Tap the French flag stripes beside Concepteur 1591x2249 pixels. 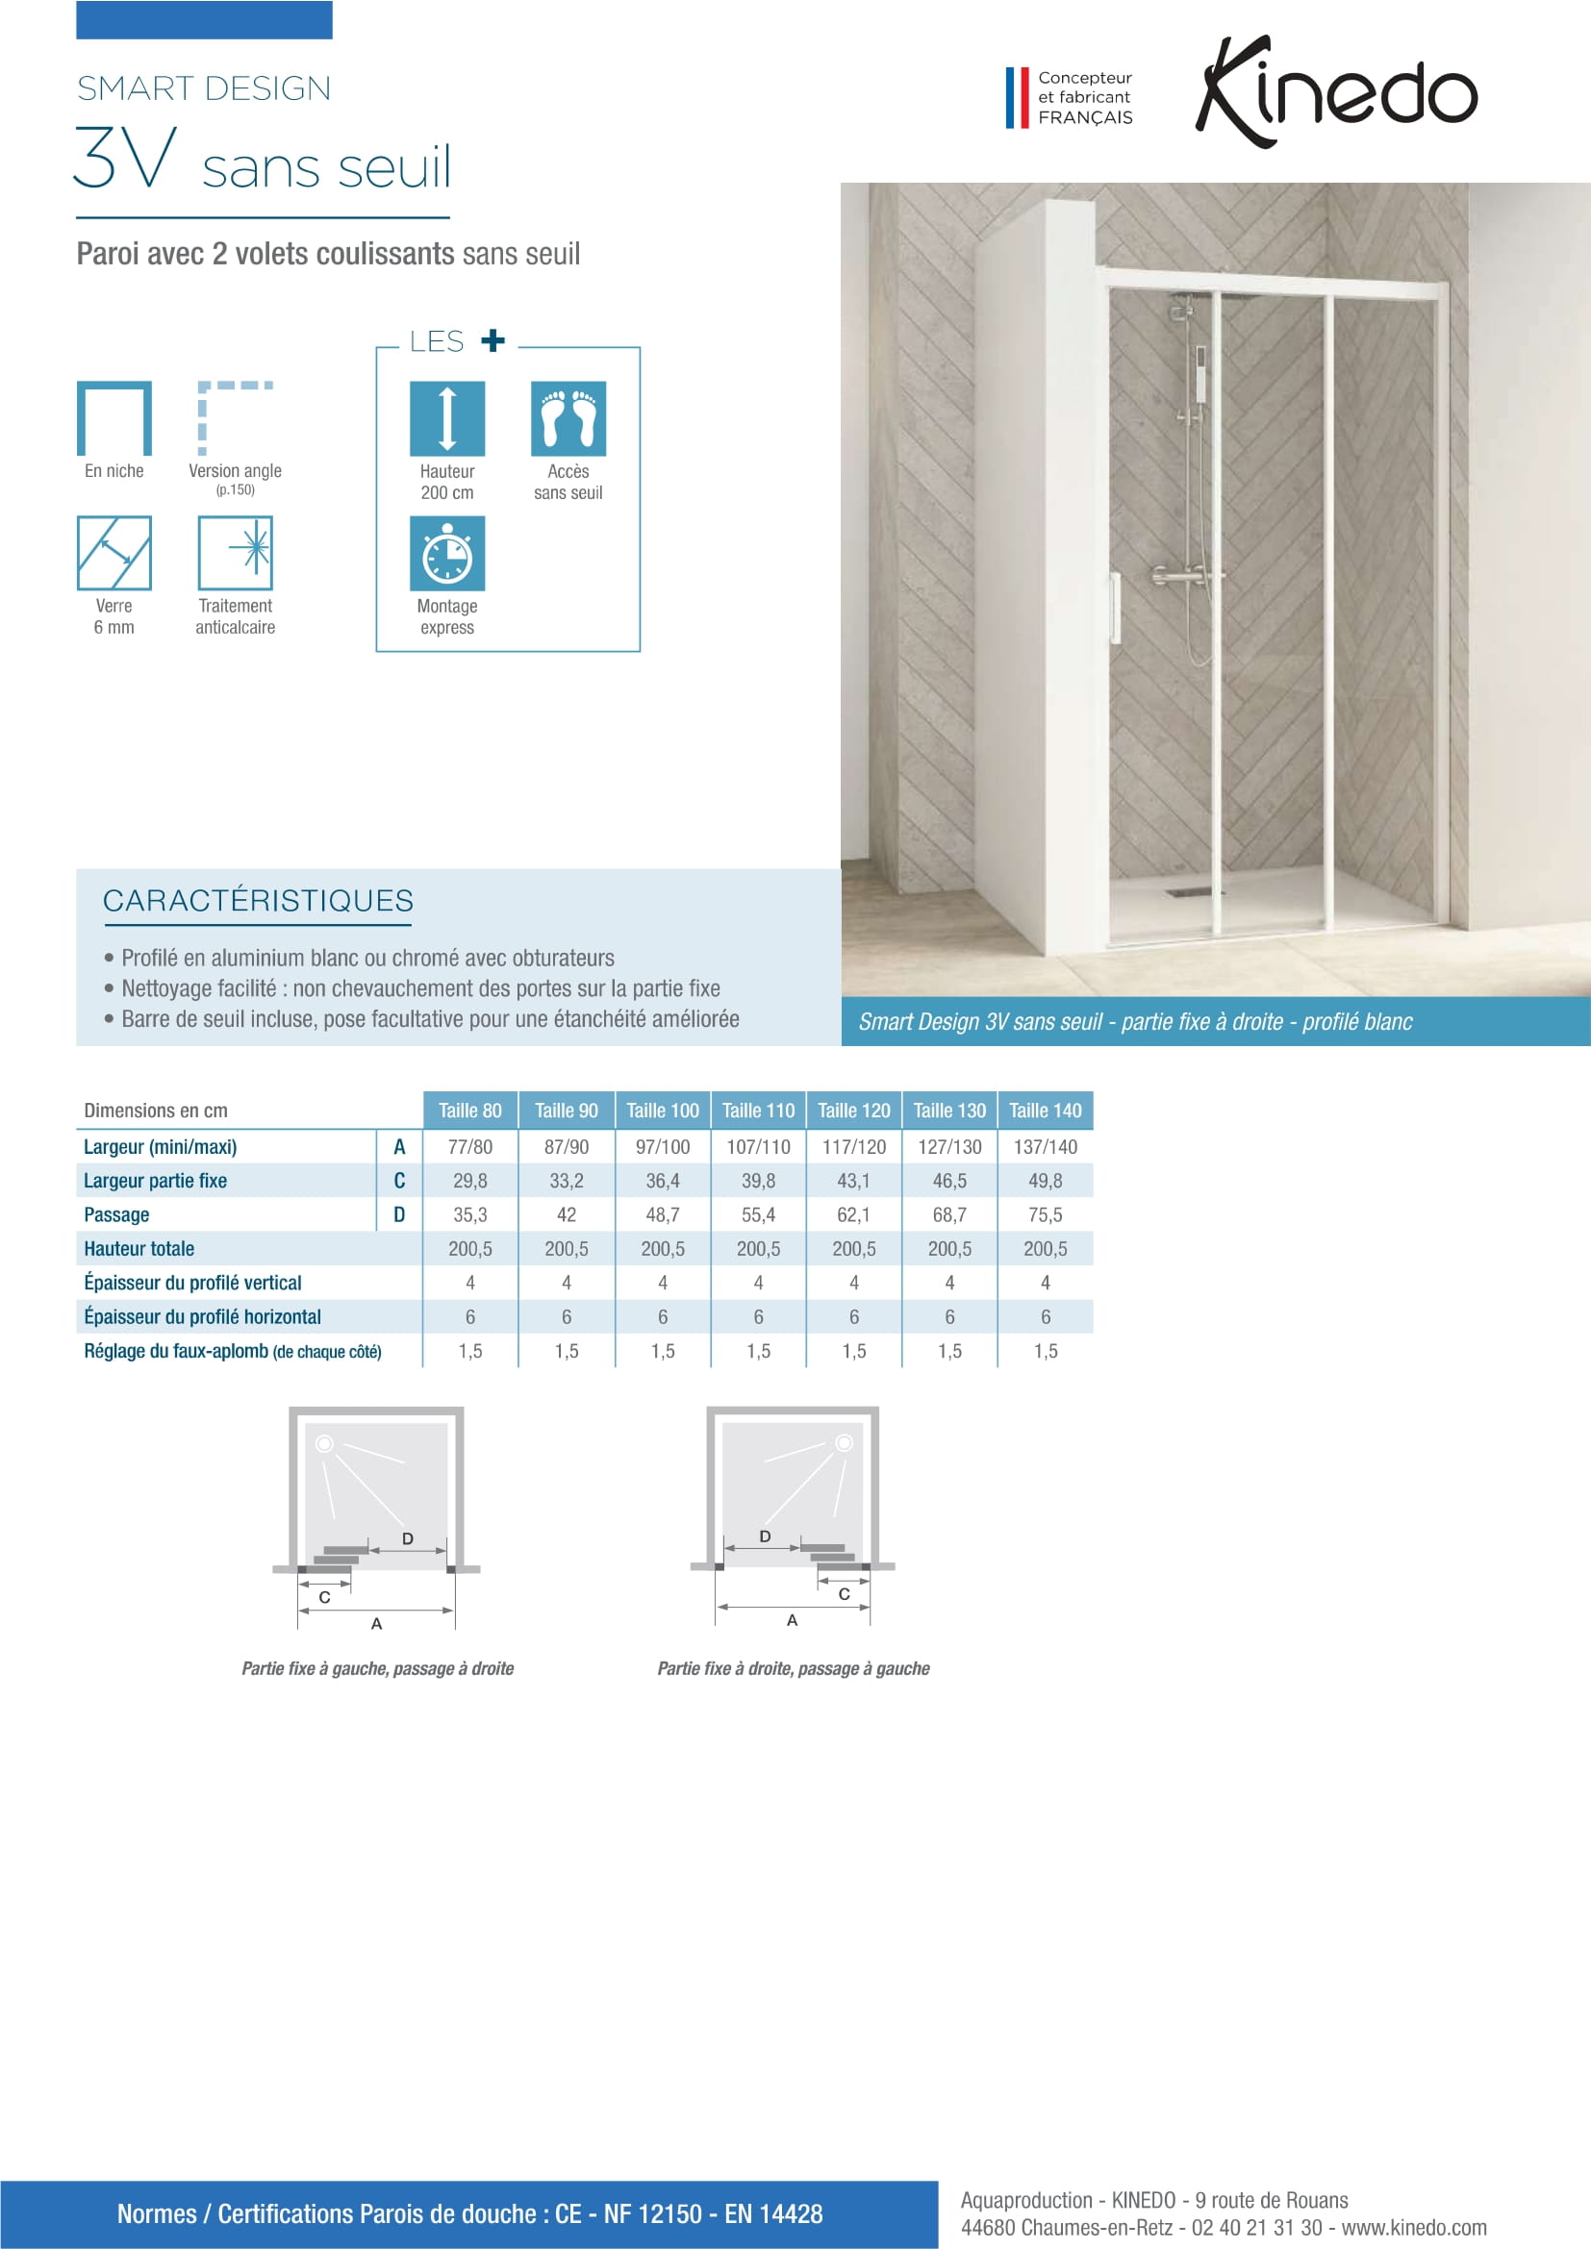[1017, 97]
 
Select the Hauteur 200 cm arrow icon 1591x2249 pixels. [446, 418]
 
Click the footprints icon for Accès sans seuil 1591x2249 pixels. [568, 418]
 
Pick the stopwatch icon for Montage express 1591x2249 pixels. [446, 554]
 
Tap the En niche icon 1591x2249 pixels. [114, 418]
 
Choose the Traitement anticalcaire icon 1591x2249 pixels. [235, 553]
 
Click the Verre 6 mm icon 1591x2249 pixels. [114, 553]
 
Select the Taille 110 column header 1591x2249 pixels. [758, 1110]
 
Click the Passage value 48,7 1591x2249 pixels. [662, 1214]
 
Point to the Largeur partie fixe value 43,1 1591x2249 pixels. [853, 1181]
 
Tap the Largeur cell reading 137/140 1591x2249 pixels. [1046, 1146]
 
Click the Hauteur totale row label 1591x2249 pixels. [139, 1249]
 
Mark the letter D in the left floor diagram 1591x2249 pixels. [408, 1538]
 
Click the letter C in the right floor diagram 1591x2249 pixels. [844, 1593]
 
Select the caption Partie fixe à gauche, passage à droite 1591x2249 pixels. [377, 1668]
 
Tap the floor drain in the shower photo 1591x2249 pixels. [1187, 892]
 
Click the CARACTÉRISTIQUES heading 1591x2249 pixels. [258, 900]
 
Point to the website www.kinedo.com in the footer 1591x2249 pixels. [1414, 2228]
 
